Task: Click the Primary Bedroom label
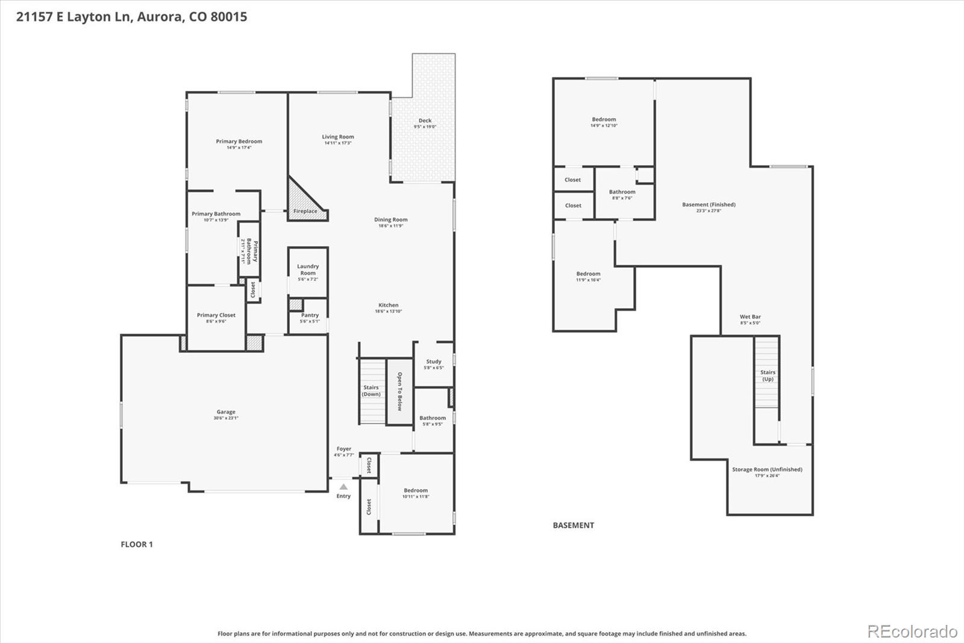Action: coord(239,141)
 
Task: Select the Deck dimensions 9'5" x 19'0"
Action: coord(425,127)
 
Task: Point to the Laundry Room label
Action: coord(308,269)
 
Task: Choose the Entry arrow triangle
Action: coord(343,486)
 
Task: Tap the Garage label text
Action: coord(226,412)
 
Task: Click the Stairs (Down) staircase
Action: coord(372,391)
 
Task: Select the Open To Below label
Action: coord(399,391)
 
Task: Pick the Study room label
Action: coord(434,361)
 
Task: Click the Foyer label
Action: coord(344,449)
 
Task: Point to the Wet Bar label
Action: coord(750,317)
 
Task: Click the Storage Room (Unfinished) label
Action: coord(767,469)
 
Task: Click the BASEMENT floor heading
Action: coord(573,525)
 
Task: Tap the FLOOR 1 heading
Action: coord(137,544)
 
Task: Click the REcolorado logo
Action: coord(912,632)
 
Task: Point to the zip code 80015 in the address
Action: coord(228,16)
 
